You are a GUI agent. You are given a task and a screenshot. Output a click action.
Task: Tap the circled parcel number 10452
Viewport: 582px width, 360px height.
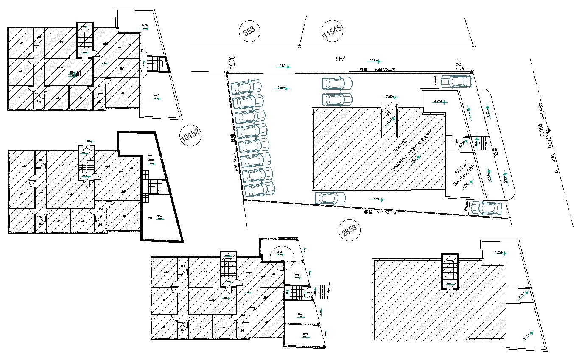(x=190, y=136)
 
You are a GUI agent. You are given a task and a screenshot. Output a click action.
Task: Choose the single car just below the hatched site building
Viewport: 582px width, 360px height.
(x=330, y=197)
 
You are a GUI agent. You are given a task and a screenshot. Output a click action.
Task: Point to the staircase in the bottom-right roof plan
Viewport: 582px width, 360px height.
(x=450, y=271)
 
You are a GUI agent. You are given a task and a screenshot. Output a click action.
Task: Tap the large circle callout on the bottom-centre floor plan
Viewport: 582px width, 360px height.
(x=282, y=257)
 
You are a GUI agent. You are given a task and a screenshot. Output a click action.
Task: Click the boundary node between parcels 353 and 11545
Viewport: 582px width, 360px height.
(x=299, y=46)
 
